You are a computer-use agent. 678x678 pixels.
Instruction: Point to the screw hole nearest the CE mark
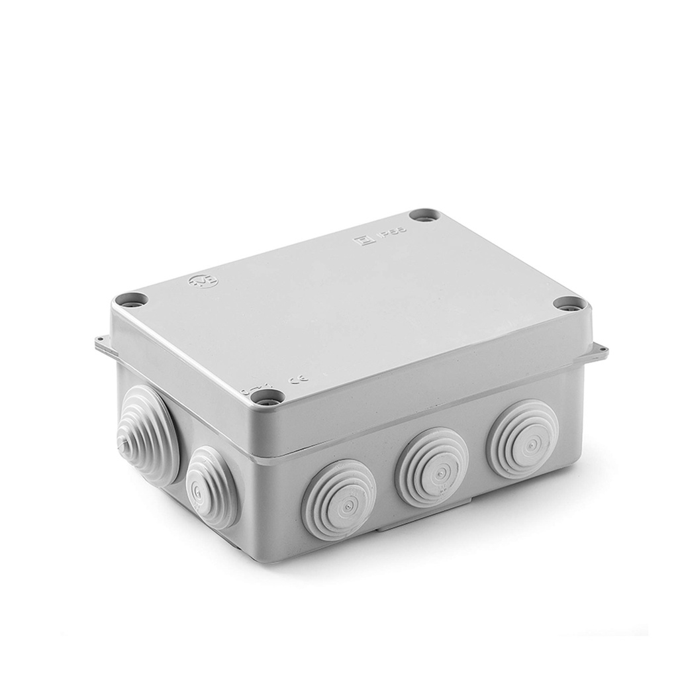pos(270,398)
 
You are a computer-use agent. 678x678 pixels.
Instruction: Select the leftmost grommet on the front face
pos(338,491)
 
